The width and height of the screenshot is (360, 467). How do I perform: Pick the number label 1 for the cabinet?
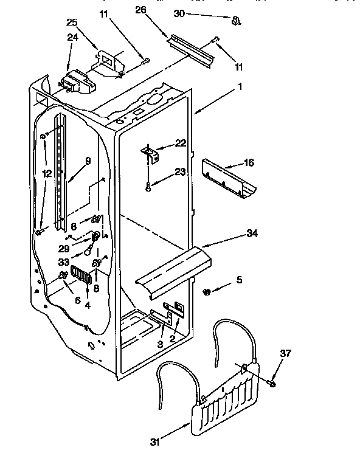click(x=240, y=86)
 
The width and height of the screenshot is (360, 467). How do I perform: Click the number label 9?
click(x=88, y=161)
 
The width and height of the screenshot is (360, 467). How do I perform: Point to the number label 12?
click(x=47, y=173)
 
